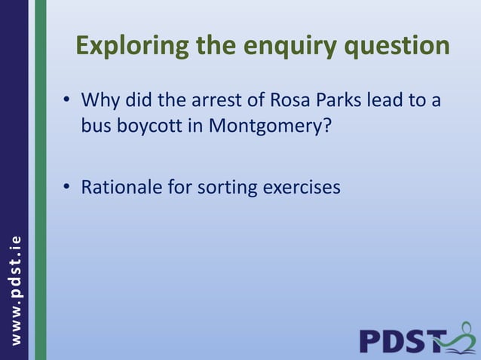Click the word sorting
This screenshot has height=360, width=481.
[x=225, y=187]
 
